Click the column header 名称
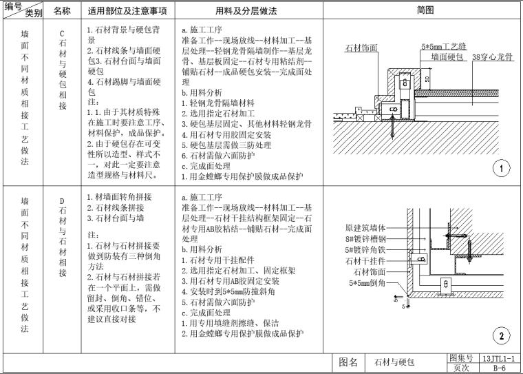(x=62, y=11)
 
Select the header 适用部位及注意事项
(x=128, y=11)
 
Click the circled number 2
(x=501, y=335)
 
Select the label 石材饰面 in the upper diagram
(x=361, y=48)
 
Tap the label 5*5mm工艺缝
(x=444, y=47)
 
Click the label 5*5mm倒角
(x=367, y=283)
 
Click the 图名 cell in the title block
(x=351, y=363)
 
